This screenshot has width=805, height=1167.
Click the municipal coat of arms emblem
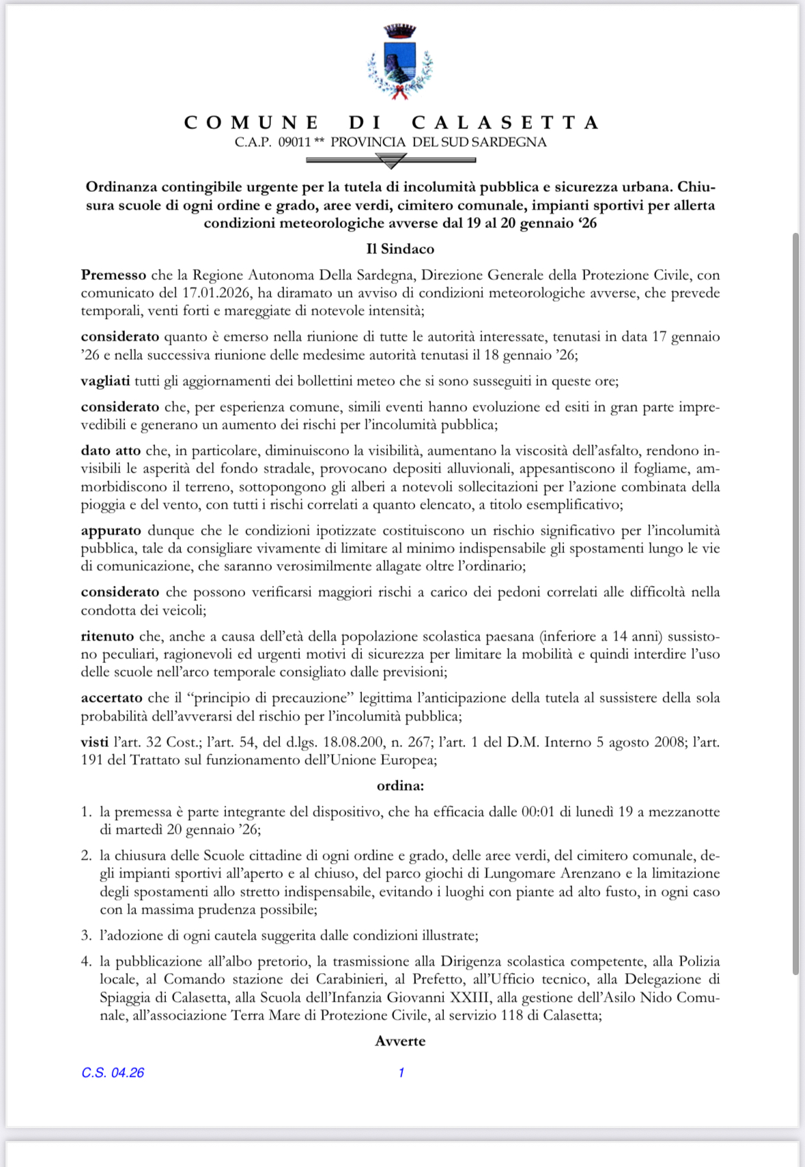(x=400, y=62)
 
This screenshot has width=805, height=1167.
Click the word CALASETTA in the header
(x=505, y=123)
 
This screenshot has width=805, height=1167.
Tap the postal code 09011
(x=294, y=142)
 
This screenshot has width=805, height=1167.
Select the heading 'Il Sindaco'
(x=400, y=249)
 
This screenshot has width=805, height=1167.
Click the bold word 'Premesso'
(x=113, y=275)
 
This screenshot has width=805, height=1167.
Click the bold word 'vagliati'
(x=105, y=380)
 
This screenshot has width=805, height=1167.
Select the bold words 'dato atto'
(x=111, y=451)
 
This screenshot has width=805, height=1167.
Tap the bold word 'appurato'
(x=111, y=530)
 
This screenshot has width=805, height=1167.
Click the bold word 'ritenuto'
(x=107, y=636)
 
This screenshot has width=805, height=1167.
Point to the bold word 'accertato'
(x=111, y=697)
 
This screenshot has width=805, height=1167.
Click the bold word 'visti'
(x=94, y=742)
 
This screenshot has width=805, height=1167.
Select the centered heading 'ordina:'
(x=400, y=785)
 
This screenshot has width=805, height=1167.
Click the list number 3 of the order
(x=86, y=935)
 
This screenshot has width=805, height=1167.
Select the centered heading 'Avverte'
(x=400, y=1041)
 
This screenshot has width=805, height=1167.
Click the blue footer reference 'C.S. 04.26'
(x=113, y=1073)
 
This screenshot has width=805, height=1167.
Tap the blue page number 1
(x=401, y=1073)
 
